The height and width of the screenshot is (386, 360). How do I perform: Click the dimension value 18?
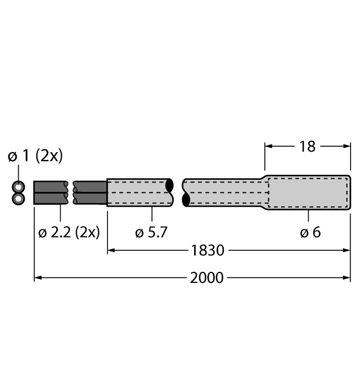click(307, 146)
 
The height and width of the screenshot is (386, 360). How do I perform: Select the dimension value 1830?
click(207, 250)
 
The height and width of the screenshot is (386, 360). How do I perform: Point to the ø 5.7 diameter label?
click(151, 232)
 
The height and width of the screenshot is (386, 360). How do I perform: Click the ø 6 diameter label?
click(310, 232)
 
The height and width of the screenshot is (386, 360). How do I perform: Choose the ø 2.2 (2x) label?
click(69, 232)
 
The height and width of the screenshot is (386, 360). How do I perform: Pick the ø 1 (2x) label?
click(35, 157)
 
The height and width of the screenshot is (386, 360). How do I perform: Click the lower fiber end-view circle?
click(19, 198)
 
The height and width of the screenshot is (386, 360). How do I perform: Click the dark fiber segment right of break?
click(90, 192)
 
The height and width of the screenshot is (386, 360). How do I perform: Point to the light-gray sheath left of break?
click(138, 192)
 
